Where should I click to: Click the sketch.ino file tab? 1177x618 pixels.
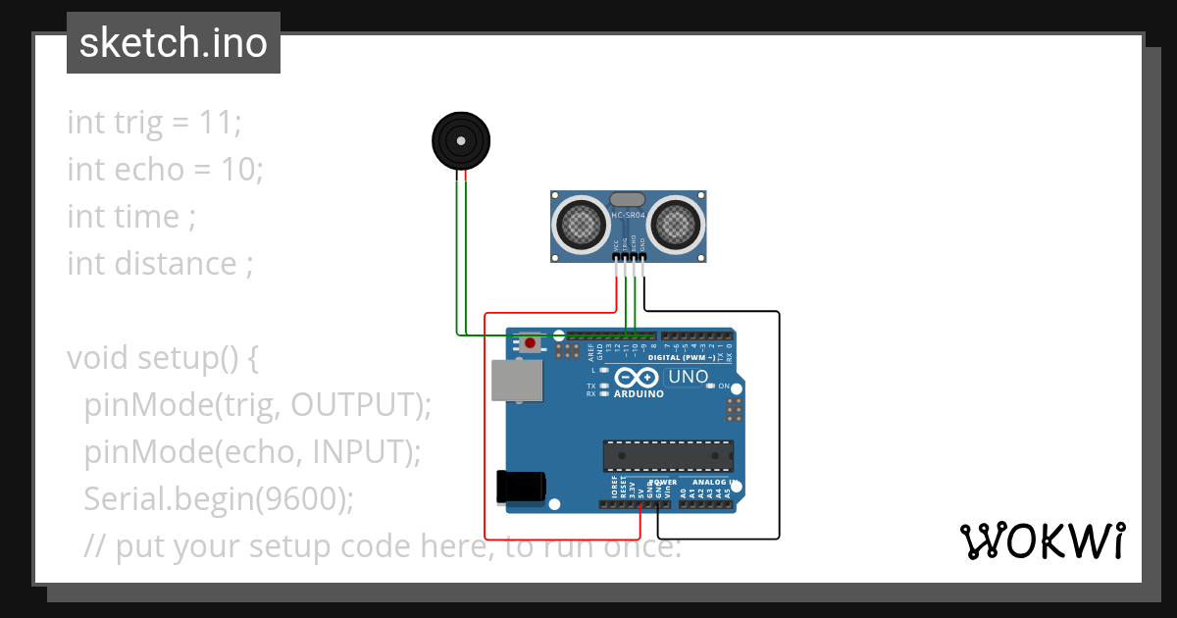click(173, 43)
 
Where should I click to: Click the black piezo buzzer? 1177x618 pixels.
click(460, 140)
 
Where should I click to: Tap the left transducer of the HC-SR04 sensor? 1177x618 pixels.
click(581, 223)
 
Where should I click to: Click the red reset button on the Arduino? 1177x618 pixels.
click(531, 342)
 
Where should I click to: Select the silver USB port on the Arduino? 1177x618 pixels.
click(517, 381)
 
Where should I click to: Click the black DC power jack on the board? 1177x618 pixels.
click(521, 487)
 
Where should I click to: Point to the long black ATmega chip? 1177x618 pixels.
click(668, 455)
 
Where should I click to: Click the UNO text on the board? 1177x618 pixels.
click(688, 377)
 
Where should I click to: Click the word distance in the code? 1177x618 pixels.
click(176, 264)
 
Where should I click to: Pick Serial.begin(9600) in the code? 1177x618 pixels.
click(218, 499)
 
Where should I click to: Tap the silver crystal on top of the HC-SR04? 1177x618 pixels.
click(628, 200)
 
